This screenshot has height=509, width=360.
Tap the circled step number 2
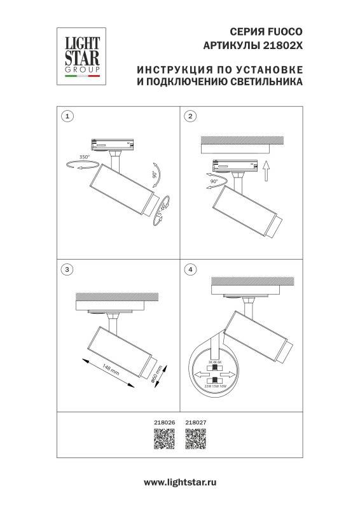[189, 116]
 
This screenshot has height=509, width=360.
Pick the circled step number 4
[189, 270]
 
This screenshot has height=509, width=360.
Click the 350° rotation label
[85, 157]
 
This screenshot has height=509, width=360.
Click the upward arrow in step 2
[267, 171]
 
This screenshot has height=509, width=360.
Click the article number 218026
[163, 421]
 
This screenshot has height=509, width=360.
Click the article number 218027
[194, 421]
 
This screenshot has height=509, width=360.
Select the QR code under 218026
[163, 440]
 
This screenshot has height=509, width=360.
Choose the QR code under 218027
[195, 440]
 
